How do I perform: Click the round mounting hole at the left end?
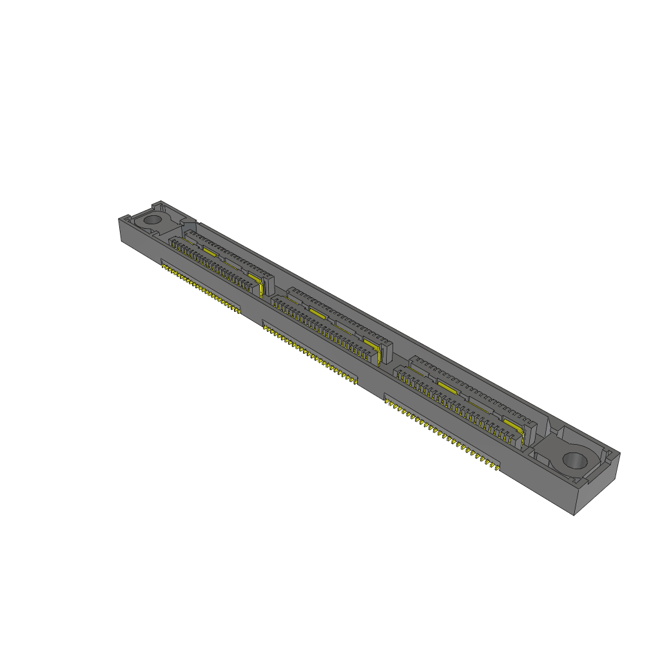[x=152, y=219]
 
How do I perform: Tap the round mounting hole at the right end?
[x=574, y=460]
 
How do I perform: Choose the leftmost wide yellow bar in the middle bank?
[x=316, y=312]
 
